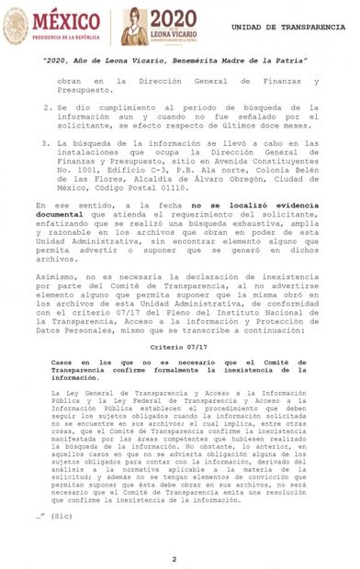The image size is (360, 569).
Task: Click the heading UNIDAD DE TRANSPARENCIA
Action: tap(294, 28)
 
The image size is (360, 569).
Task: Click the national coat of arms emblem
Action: tap(16, 25)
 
